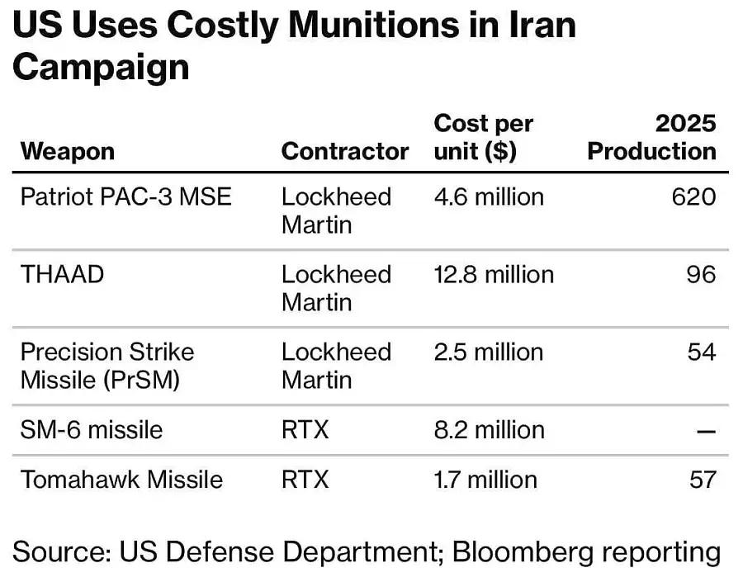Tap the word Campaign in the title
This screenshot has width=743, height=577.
(x=101, y=67)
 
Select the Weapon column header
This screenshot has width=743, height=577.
(x=67, y=151)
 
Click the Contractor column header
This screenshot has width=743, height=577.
(x=345, y=151)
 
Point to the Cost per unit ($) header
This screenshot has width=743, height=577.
(x=484, y=137)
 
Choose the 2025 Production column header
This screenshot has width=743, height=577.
(x=652, y=137)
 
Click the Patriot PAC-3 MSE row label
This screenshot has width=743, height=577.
(x=126, y=196)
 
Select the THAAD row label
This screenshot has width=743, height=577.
(x=63, y=274)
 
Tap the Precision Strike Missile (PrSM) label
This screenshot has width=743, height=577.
(x=107, y=366)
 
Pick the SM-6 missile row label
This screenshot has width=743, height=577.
(x=92, y=429)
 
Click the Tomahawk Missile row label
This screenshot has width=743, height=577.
(x=121, y=479)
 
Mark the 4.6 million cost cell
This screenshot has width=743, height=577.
(x=489, y=196)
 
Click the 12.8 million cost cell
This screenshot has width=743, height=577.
(x=494, y=274)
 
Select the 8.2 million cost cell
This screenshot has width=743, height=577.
(x=489, y=429)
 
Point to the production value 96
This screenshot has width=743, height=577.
(x=701, y=274)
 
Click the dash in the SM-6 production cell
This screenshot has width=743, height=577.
(x=706, y=430)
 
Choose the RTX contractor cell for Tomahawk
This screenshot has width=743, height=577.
(x=305, y=479)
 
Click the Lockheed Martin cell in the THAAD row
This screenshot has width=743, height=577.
(x=336, y=288)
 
